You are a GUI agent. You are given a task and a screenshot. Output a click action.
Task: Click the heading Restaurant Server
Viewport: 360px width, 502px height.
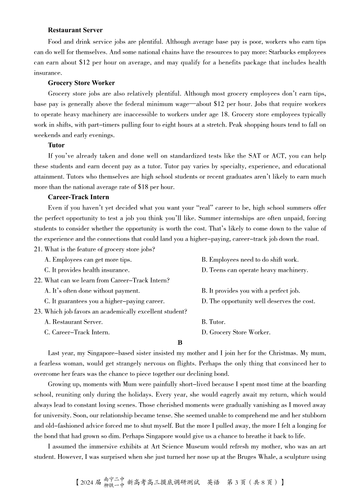75,30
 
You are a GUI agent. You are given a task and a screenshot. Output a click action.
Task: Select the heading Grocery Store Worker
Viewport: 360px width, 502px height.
81,83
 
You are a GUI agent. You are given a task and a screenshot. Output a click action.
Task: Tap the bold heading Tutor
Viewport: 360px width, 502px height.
56,145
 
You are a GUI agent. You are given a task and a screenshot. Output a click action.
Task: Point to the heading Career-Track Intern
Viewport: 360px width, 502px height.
78,197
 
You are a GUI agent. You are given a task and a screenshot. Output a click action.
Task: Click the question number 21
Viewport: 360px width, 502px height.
38,249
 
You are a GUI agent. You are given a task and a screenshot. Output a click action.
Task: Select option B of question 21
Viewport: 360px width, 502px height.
250,260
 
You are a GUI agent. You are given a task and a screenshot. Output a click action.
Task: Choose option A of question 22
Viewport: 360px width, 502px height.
92,291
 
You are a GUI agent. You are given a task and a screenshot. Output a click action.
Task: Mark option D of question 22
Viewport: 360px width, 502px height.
258,301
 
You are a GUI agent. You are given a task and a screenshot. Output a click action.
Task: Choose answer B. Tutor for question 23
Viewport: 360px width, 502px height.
213,322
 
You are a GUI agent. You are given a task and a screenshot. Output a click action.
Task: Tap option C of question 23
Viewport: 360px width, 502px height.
77,333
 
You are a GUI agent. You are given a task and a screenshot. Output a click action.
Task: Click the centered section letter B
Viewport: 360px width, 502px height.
180,343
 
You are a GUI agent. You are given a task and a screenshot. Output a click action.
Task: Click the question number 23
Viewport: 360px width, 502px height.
38,312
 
